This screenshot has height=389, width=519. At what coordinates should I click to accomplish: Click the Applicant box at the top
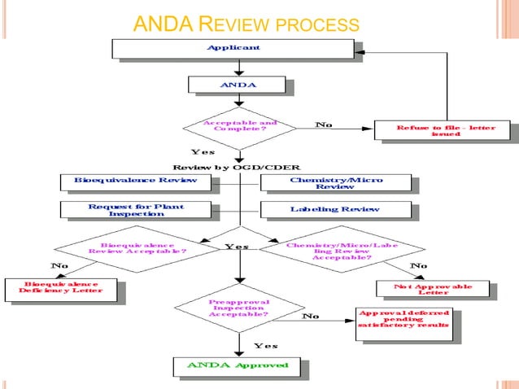coord(233,48)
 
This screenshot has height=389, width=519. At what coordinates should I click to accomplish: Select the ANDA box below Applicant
coord(236,85)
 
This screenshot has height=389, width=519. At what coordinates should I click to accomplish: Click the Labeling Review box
coord(334,210)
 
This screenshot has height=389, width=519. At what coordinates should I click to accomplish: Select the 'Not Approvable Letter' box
coord(433,289)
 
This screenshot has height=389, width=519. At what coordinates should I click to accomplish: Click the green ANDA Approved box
coord(238,365)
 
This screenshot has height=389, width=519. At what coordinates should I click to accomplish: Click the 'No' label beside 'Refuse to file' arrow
coord(324,125)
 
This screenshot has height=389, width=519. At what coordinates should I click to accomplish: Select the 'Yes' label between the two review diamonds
coord(238,246)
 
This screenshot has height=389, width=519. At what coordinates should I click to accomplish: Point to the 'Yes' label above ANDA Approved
coord(266,346)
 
